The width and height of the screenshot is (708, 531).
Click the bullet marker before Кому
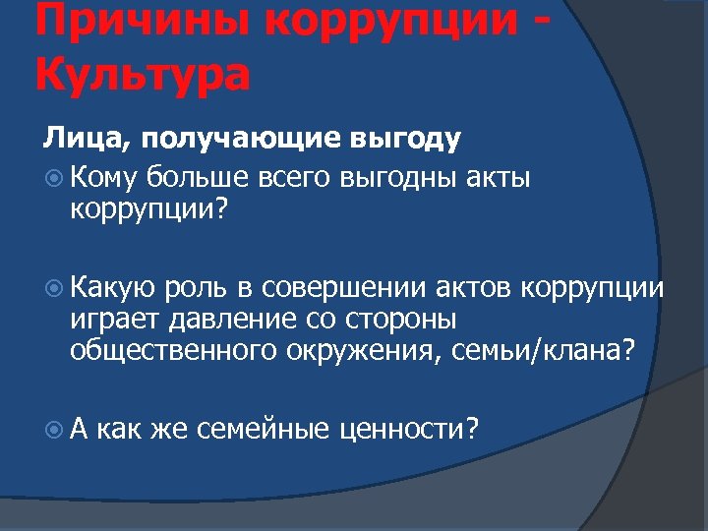pyautogui.click(x=53, y=178)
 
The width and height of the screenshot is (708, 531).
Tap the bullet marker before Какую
pyautogui.click(x=53, y=288)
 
